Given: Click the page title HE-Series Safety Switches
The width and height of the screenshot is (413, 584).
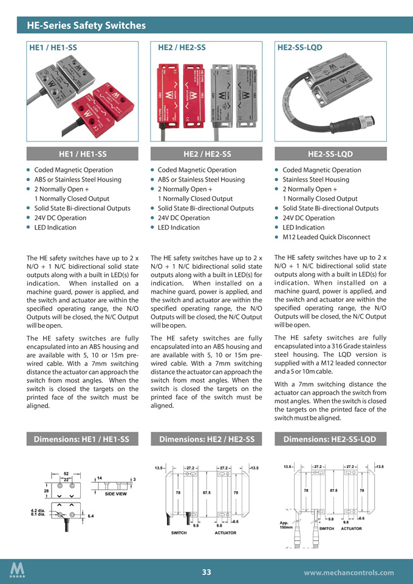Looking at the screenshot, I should pos(86,25).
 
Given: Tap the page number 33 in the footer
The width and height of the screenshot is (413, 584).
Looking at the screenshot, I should pos(206,572).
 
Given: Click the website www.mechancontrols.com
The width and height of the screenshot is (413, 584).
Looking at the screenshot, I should pos(349,572).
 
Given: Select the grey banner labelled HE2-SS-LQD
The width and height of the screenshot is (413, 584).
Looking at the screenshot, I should pos(332,154).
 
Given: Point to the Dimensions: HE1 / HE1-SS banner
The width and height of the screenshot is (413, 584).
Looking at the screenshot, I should pos(81,439).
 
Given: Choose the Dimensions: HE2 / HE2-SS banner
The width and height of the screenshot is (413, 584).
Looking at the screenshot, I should pos(206,439).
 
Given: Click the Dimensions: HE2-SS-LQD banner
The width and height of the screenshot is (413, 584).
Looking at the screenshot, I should pos(332,439).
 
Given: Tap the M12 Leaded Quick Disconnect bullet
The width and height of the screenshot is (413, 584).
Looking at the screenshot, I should pos(326,237).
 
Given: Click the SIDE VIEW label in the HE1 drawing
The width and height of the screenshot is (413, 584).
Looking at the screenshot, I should pos(115,494).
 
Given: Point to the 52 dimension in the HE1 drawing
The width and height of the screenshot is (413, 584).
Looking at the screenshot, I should pos(66,473).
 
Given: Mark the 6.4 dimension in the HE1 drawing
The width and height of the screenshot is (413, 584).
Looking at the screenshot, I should pos(90,515).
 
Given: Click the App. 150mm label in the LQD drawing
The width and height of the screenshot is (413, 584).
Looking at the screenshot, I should pos(285,525).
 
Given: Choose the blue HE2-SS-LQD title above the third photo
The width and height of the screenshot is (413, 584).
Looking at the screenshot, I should pos(299,47).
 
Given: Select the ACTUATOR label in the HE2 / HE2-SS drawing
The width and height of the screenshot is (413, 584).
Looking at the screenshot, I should pos(225,532).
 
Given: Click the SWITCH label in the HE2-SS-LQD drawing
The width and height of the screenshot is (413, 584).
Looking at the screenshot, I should pos(327,528).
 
